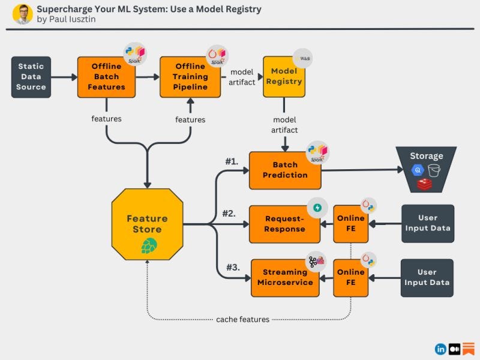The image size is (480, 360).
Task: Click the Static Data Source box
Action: [x=31, y=77]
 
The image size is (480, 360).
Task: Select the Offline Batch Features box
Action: [x=106, y=77]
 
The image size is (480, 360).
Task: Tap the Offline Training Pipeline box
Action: [x=190, y=77]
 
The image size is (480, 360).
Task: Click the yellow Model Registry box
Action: [x=284, y=76]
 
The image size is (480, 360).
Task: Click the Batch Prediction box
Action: [x=285, y=170]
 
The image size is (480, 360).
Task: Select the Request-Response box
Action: [x=284, y=224]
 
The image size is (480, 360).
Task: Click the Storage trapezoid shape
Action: [x=425, y=167]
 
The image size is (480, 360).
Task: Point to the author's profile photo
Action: [x=22, y=14]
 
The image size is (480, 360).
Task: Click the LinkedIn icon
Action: [x=440, y=349]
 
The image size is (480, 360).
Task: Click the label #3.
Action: [x=233, y=268]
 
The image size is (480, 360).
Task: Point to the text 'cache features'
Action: [x=243, y=319]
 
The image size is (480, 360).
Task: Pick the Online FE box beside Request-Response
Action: [x=351, y=223]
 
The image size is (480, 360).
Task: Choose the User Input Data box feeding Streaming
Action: [x=427, y=277]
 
